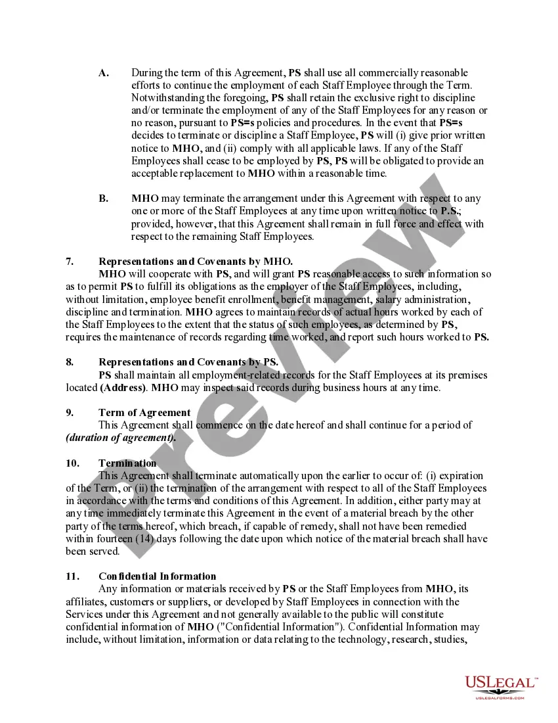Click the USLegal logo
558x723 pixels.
pyautogui.click(x=501, y=683)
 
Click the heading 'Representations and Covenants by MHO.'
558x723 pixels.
pyautogui.click(x=196, y=261)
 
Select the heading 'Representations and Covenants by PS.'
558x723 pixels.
pyautogui.click(x=188, y=362)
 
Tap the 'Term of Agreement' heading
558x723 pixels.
pyautogui.click(x=144, y=413)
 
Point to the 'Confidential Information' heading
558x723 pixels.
pyautogui.click(x=158, y=576)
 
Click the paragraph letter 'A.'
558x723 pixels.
pyautogui.click(x=104, y=73)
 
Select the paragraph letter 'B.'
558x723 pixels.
pyautogui.click(x=104, y=198)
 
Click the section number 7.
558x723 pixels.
pyautogui.click(x=70, y=261)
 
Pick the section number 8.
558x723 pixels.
pyautogui.click(x=70, y=362)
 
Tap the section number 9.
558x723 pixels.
pyautogui.click(x=70, y=413)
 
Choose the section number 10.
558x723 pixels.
pyautogui.click(x=72, y=463)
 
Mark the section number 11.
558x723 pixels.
pyautogui.click(x=72, y=576)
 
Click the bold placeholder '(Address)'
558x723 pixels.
pyautogui.click(x=123, y=388)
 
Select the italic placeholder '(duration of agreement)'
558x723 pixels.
pyautogui.click(x=121, y=438)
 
